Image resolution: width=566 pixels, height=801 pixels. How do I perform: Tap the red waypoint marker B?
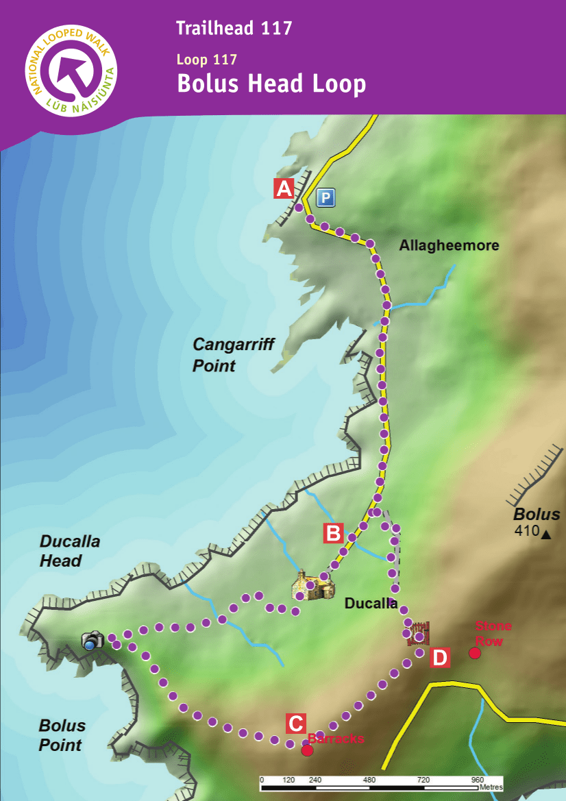click(x=333, y=532)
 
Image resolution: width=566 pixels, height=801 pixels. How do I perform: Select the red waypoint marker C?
click(x=295, y=724)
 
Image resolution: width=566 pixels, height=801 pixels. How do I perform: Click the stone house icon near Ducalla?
click(x=313, y=587)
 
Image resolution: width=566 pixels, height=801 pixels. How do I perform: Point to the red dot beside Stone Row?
click(x=474, y=653)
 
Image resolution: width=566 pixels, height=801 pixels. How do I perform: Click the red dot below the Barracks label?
click(x=308, y=750)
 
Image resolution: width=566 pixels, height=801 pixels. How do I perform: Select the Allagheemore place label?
click(x=449, y=245)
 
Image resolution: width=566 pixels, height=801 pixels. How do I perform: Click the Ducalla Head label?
click(x=70, y=551)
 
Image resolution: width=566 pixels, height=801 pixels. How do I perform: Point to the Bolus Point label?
click(x=62, y=735)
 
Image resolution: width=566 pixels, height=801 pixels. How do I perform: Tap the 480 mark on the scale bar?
click(x=369, y=780)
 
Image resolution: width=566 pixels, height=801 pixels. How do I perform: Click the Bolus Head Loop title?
click(x=271, y=84)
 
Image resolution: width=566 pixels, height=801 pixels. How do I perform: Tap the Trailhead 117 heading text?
click(x=234, y=28)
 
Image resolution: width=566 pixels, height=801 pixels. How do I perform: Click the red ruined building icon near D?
click(x=419, y=632)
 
